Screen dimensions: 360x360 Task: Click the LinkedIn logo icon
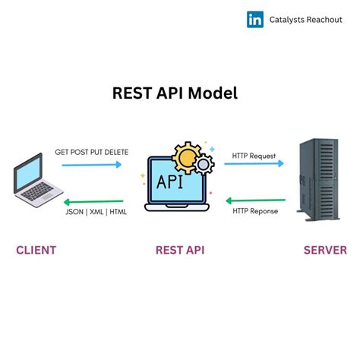pos(255,20)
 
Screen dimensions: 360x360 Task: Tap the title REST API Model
pos(175,93)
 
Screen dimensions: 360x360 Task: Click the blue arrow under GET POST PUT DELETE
pos(91,164)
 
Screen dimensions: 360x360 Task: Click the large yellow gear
pos(186,159)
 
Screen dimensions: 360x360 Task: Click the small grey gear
pos(205,164)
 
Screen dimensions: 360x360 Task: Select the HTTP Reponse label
pos(254,210)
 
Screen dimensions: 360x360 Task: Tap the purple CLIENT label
pos(36,250)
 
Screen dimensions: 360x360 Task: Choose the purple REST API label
pos(179,250)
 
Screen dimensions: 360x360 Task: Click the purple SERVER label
pos(324,250)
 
